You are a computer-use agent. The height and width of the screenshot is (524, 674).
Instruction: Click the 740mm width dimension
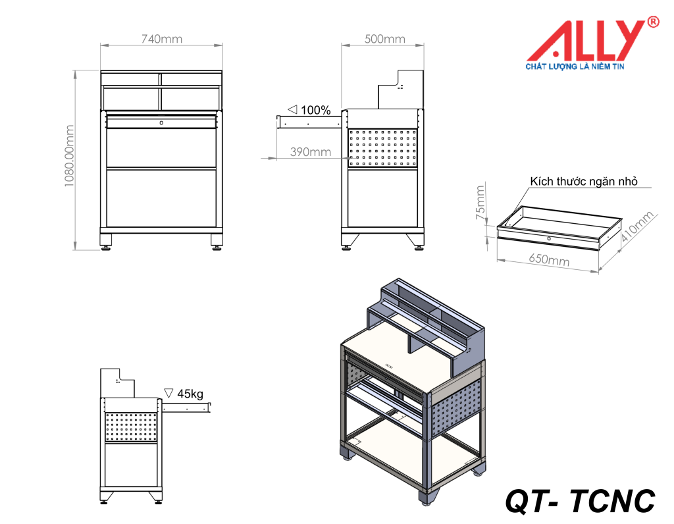(x=161, y=39)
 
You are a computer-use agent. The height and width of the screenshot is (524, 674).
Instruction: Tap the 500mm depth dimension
(x=384, y=39)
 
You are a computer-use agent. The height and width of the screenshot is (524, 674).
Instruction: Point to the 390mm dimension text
(x=310, y=152)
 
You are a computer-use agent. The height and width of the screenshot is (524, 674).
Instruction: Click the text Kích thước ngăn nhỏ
(x=583, y=182)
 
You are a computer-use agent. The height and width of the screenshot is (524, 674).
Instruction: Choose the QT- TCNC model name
(x=580, y=501)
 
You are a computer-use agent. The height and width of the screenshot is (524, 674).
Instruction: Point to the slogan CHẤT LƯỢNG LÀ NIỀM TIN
(x=575, y=66)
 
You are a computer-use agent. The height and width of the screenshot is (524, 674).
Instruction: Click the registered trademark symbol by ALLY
(x=653, y=22)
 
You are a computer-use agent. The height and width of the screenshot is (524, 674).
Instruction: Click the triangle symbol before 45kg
(x=168, y=393)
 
